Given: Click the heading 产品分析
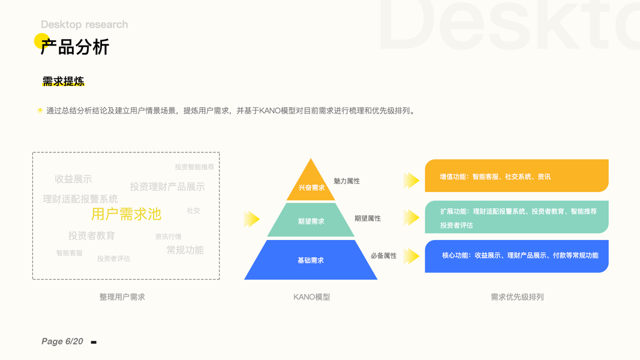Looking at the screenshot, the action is pyautogui.click(x=75, y=47).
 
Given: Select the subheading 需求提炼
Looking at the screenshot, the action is pyautogui.click(x=63, y=82).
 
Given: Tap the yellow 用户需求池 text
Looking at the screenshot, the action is pyautogui.click(x=126, y=214).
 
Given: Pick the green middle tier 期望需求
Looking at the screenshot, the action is pyautogui.click(x=311, y=221).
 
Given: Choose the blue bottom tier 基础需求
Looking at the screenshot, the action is pyautogui.click(x=311, y=260).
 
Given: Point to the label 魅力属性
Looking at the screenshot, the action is pyautogui.click(x=347, y=181).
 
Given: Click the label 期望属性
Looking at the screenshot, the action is pyautogui.click(x=367, y=218).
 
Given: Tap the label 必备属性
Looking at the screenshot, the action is pyautogui.click(x=383, y=256).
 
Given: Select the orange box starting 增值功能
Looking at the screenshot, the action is pyautogui.click(x=516, y=176).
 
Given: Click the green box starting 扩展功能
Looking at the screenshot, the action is pyautogui.click(x=516, y=218).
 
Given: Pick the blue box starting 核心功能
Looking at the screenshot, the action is pyautogui.click(x=516, y=256).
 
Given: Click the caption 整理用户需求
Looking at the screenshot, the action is pyautogui.click(x=122, y=297).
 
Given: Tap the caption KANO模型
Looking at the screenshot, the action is pyautogui.click(x=311, y=297).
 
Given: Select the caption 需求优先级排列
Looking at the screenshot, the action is pyautogui.click(x=517, y=297).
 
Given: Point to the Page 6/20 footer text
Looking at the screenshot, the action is pyautogui.click(x=62, y=341).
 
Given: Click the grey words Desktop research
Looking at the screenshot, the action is pyautogui.click(x=84, y=25).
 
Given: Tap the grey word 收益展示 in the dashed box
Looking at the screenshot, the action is pyautogui.click(x=73, y=179).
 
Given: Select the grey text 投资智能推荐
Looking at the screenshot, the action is pyautogui.click(x=194, y=167).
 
